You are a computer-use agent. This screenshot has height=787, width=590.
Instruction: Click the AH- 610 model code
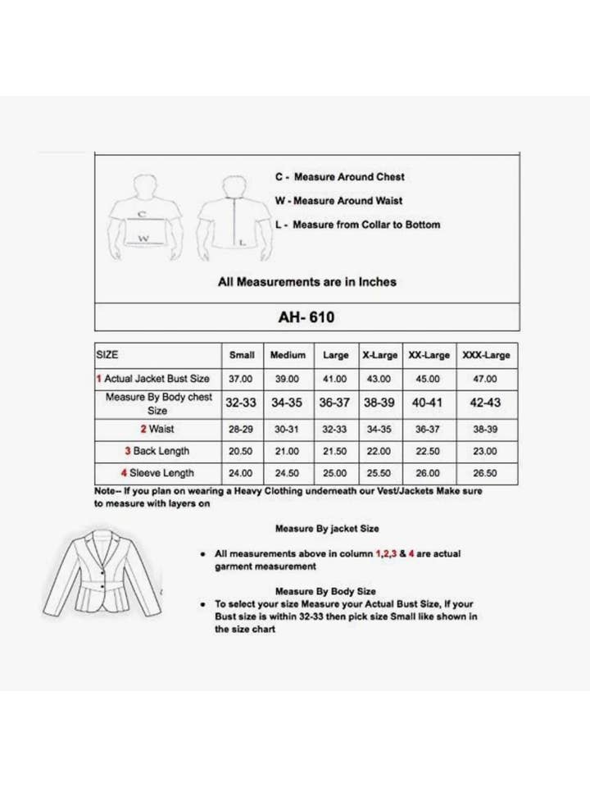pyautogui.click(x=306, y=316)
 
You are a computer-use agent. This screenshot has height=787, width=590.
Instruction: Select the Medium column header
pyautogui.click(x=288, y=356)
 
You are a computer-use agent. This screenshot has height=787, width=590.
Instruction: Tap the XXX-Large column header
pyautogui.click(x=486, y=356)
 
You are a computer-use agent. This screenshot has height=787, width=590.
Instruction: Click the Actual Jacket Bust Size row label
pyautogui.click(x=157, y=379)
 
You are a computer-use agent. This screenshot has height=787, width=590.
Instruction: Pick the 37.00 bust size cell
pyautogui.click(x=242, y=379)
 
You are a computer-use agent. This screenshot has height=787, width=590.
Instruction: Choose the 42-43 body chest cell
pyautogui.click(x=486, y=403)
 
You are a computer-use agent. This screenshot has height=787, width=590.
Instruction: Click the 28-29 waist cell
pyautogui.click(x=242, y=429)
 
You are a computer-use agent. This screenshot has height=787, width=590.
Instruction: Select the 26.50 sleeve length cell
pyautogui.click(x=486, y=473)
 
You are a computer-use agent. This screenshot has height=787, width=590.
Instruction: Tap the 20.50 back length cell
pyautogui.click(x=242, y=451)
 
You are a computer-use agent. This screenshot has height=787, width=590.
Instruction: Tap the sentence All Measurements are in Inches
pyautogui.click(x=306, y=282)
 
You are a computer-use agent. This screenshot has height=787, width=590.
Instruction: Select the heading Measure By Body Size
pyautogui.click(x=325, y=591)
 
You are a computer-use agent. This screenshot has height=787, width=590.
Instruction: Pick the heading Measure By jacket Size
pyautogui.click(x=327, y=530)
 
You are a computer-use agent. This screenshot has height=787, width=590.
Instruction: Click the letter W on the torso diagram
pyautogui.click(x=144, y=239)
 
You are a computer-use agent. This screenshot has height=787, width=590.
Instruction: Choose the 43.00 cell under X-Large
pyautogui.click(x=379, y=379)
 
